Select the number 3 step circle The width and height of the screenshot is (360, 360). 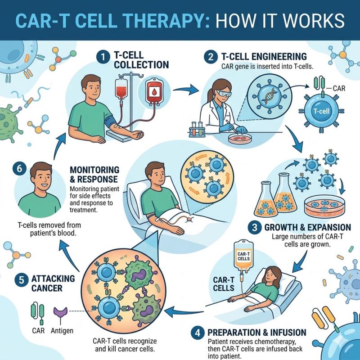tap(256, 227)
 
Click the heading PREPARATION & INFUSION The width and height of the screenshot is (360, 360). tap(257, 333)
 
